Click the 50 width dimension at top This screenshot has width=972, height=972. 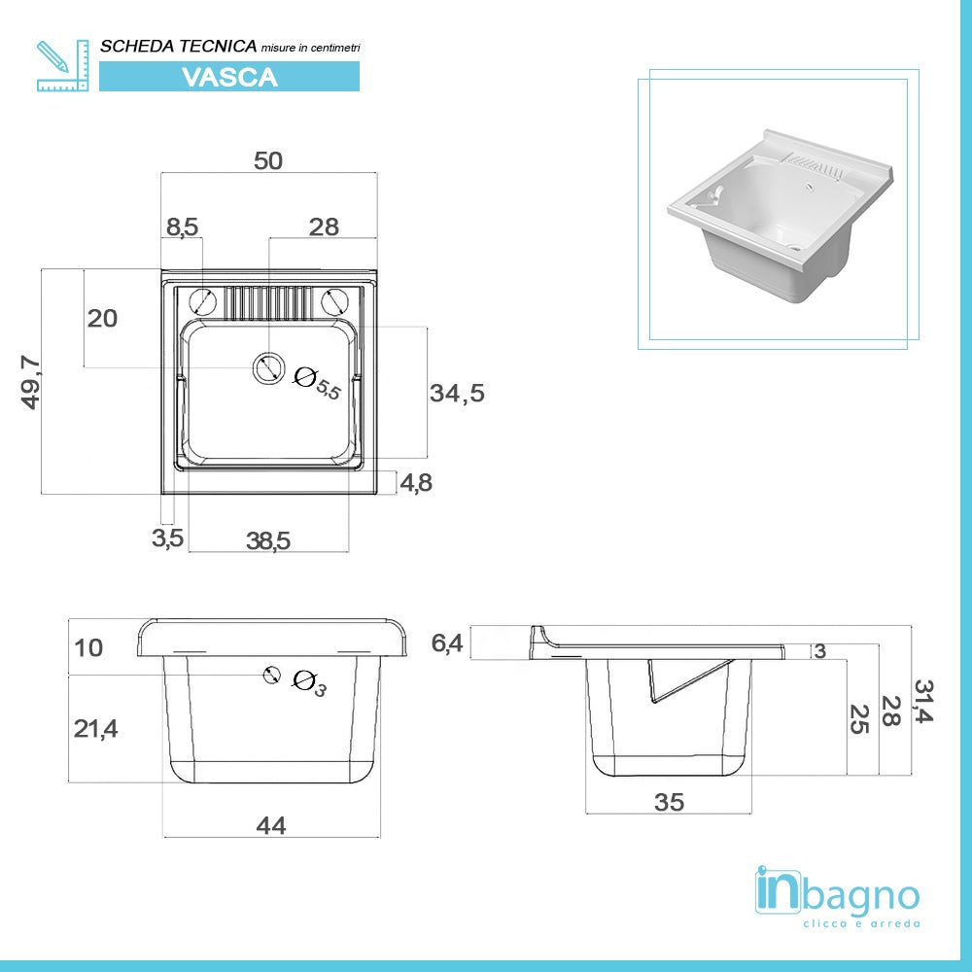(x=268, y=161)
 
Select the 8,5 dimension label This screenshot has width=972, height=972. (x=182, y=226)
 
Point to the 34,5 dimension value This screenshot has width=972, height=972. (x=457, y=394)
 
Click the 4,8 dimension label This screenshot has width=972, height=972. (x=416, y=483)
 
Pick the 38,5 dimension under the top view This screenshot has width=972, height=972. (x=268, y=541)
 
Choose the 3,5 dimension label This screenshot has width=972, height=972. (x=167, y=538)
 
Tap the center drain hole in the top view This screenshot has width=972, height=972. (x=267, y=368)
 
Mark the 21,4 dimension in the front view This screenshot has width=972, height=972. (x=96, y=727)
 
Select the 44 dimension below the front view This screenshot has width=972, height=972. (x=271, y=825)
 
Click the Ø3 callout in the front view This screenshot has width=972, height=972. (x=308, y=683)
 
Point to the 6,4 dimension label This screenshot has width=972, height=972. (x=447, y=643)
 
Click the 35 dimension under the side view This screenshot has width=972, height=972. (x=669, y=802)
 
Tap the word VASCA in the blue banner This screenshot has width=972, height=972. (x=229, y=77)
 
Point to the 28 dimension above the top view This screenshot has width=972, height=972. (x=324, y=226)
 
